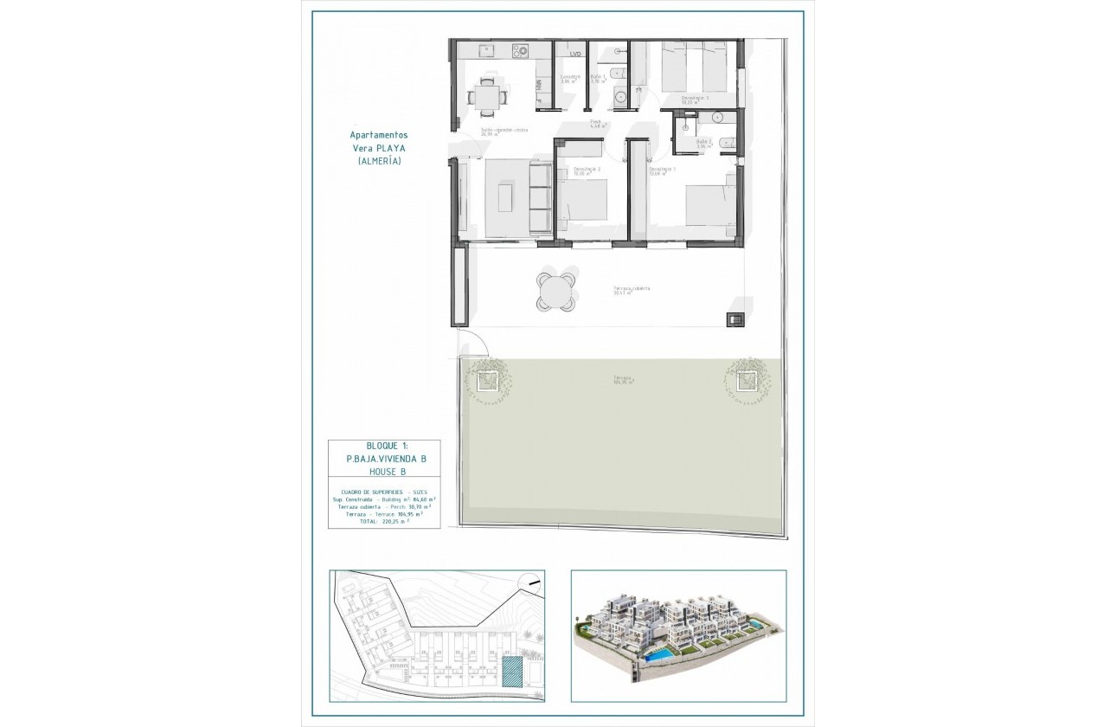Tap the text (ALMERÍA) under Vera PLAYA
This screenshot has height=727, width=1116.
click(x=378, y=161)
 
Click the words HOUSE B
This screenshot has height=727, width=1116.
click(x=382, y=472)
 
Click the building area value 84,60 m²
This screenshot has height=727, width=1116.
click(x=422, y=499)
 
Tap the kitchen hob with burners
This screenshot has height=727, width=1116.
click(x=520, y=51)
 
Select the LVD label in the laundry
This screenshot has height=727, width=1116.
click(x=574, y=55)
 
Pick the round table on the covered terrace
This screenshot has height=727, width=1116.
click(x=555, y=291)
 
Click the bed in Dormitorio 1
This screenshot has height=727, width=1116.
click(x=709, y=208)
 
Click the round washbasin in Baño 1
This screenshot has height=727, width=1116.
click(x=620, y=98)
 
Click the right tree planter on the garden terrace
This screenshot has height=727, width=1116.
click(x=745, y=379)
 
